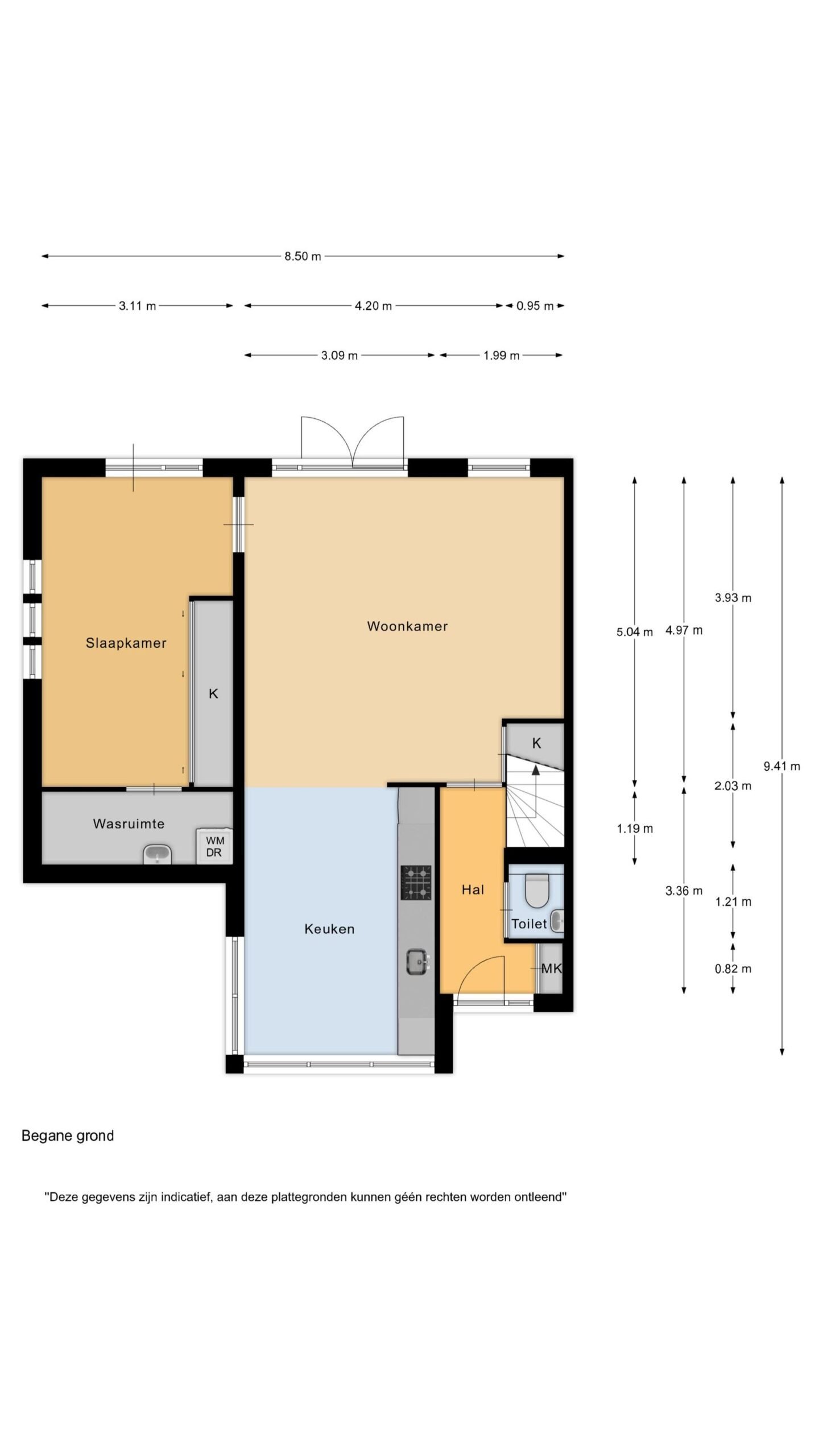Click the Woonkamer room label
(x=407, y=626)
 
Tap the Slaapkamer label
(x=126, y=643)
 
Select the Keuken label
(x=329, y=929)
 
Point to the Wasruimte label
(x=129, y=824)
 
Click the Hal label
(x=473, y=889)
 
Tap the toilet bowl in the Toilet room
(x=536, y=891)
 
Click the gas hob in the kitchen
(x=416, y=883)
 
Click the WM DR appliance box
(x=214, y=846)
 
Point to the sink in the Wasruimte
(x=158, y=854)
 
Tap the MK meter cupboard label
(x=551, y=968)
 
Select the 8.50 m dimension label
(x=303, y=256)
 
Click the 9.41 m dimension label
(x=781, y=766)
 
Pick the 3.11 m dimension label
(x=137, y=306)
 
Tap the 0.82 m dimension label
(x=733, y=969)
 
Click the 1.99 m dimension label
(x=501, y=356)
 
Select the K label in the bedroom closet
(x=213, y=693)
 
